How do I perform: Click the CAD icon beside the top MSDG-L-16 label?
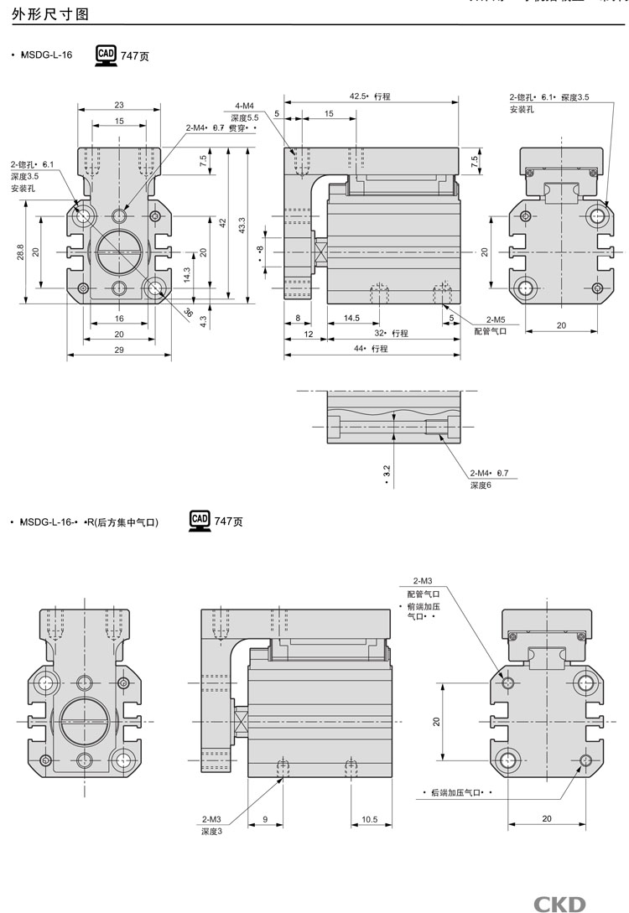pos(106,55)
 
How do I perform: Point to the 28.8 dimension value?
pos(20,252)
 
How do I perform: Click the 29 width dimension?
pos(120,349)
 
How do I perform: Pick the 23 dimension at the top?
pos(119,105)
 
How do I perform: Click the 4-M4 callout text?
pos(245,106)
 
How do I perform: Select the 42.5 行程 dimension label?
pos(370,97)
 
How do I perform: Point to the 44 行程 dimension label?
pos(371,349)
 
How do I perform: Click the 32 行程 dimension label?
pos(391,334)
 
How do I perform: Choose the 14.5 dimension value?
pos(352,318)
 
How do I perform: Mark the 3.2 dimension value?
pos(386,475)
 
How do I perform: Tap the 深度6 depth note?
pos(481,485)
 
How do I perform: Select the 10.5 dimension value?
pos(370,819)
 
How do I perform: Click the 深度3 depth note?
pos(211,831)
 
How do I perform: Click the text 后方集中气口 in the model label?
pos(126,522)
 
